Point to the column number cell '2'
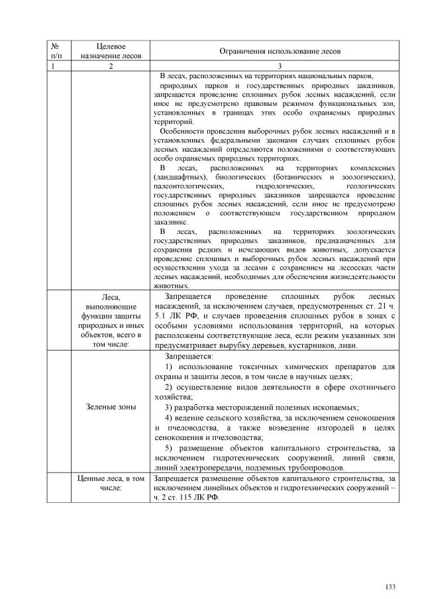(x=111, y=66)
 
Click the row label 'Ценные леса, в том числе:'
(x=111, y=482)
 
